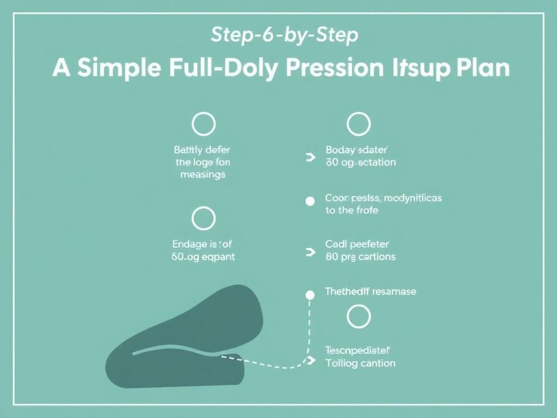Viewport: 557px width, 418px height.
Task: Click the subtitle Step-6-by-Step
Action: coord(284,36)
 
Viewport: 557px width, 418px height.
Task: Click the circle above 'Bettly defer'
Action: coord(203,124)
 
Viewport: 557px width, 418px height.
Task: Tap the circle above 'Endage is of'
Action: coord(203,219)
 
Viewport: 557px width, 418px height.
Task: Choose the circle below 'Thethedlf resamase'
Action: coord(358,317)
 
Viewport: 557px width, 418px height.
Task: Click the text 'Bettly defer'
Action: coord(202,150)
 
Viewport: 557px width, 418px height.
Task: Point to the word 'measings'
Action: coord(202,175)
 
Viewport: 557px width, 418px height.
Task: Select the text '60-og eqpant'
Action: coord(203,256)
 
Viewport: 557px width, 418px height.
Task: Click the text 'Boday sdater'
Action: coord(360,150)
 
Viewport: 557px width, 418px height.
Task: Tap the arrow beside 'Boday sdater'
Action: coord(311,157)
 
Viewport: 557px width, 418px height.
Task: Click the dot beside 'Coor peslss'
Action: coord(310,201)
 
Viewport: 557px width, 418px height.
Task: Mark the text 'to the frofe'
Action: coord(351,211)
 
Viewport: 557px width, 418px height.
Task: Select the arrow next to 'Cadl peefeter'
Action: coord(311,252)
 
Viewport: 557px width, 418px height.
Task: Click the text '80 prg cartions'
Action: coord(360,256)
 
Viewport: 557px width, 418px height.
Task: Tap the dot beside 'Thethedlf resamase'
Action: coord(310,295)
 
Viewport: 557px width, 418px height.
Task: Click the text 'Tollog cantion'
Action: coord(360,362)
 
